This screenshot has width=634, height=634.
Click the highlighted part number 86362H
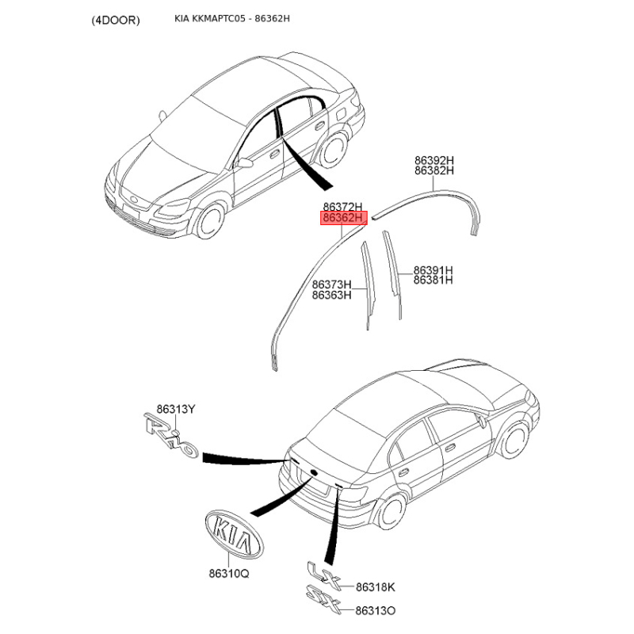343,219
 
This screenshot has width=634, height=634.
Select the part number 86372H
342,208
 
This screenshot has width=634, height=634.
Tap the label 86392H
433,161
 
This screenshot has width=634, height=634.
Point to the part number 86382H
433,170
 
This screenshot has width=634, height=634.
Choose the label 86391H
433,270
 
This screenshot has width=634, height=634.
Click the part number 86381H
433,280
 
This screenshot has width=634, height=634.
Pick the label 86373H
331,285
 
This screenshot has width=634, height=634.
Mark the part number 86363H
331,295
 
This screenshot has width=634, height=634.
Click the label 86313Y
176,409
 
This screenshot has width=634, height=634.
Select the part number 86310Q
229,573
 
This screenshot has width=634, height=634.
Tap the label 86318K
375,586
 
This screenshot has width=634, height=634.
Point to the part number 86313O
375,610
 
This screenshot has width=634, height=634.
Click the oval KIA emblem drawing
235,534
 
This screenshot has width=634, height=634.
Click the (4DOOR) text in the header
116,21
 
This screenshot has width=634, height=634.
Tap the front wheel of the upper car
210,220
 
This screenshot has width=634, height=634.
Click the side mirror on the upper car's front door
244,163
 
